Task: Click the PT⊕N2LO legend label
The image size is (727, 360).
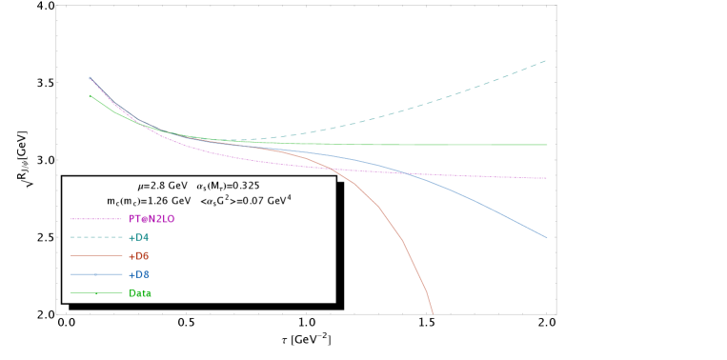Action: [x=151, y=219]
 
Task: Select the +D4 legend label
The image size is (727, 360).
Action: [x=138, y=237]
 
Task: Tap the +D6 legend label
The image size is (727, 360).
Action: [x=138, y=256]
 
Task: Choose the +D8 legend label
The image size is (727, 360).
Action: [x=138, y=274]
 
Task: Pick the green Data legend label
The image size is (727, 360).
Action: [x=140, y=293]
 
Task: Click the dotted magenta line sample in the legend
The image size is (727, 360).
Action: [x=95, y=219]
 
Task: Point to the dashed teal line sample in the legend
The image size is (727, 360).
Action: [x=95, y=237]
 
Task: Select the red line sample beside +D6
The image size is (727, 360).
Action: [x=95, y=256]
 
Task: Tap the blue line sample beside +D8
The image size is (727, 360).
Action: [x=95, y=274]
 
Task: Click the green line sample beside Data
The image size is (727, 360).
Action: [x=95, y=293]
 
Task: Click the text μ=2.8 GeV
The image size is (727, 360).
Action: [x=162, y=186]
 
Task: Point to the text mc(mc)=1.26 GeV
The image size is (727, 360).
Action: [x=149, y=202]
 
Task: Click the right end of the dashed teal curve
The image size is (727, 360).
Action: [x=546, y=61]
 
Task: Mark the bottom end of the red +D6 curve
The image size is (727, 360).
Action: [x=433, y=312]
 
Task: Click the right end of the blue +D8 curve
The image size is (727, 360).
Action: [x=547, y=237]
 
